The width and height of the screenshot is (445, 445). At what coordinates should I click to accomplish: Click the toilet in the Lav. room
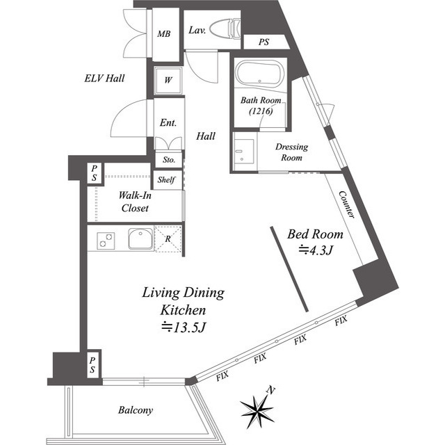225,29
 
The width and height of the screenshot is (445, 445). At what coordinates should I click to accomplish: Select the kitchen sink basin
140,238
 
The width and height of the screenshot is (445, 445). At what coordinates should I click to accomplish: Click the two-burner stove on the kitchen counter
106,241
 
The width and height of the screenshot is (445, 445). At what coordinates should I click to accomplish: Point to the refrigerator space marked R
168,238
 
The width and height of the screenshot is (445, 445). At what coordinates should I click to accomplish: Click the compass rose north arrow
258,407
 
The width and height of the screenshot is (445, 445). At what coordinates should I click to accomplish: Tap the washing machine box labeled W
168,81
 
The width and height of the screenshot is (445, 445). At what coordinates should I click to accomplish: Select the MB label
164,34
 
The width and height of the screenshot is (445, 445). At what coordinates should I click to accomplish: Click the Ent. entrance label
168,122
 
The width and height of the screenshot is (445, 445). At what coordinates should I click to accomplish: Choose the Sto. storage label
169,160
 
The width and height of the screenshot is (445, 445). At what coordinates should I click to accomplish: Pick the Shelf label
166,179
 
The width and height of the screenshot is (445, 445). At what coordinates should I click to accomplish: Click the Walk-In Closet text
135,202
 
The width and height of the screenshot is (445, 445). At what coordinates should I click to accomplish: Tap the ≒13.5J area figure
183,327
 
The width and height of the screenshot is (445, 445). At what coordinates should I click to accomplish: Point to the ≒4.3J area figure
315,250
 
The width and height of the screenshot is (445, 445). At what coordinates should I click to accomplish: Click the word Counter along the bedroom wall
347,204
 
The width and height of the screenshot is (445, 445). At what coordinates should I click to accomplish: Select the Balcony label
136,410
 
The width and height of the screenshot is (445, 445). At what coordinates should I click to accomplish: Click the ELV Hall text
104,78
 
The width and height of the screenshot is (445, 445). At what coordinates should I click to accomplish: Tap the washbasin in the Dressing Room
243,152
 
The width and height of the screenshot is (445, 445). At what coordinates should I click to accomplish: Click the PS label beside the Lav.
264,42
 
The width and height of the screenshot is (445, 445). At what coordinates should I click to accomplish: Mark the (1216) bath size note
261,111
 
